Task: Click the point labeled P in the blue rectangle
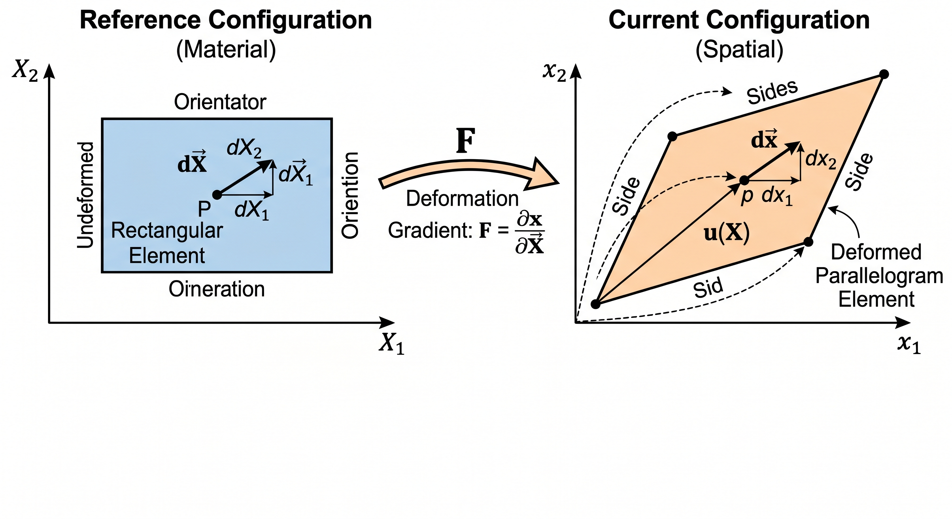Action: click(x=217, y=195)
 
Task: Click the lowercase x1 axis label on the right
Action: click(x=909, y=345)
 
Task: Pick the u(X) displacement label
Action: click(x=727, y=233)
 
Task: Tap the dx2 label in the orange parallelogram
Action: click(x=820, y=160)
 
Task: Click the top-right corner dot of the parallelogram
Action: click(x=884, y=74)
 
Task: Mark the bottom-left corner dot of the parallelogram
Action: click(x=595, y=304)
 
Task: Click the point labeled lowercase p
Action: click(x=744, y=181)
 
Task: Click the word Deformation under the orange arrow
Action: click(x=462, y=199)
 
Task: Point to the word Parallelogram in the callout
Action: click(x=879, y=276)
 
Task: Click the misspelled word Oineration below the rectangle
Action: click(x=217, y=289)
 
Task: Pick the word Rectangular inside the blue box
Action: click(x=167, y=230)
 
